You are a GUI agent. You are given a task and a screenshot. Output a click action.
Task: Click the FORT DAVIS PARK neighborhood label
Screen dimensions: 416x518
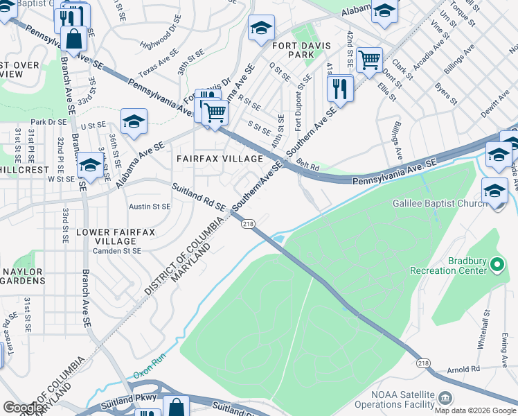303,49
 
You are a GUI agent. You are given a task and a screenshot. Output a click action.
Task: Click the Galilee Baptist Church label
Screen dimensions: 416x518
451,204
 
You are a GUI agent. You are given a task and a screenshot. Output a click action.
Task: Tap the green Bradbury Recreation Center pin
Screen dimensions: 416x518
497,264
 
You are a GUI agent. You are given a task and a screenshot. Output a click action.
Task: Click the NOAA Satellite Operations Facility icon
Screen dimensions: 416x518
444,397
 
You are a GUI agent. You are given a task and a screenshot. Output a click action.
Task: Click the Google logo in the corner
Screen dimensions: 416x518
24,408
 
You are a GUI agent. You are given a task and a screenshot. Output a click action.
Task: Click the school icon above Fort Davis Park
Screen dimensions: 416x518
261,28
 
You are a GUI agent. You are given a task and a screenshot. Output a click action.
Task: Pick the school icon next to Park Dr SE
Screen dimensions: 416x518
134,121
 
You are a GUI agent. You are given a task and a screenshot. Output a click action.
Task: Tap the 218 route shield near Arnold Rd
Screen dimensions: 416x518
423,363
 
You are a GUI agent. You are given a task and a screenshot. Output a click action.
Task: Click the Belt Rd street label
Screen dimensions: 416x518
309,167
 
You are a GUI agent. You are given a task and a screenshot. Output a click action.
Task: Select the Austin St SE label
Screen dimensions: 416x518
149,207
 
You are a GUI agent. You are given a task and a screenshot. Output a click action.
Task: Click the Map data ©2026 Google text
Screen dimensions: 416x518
475,410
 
